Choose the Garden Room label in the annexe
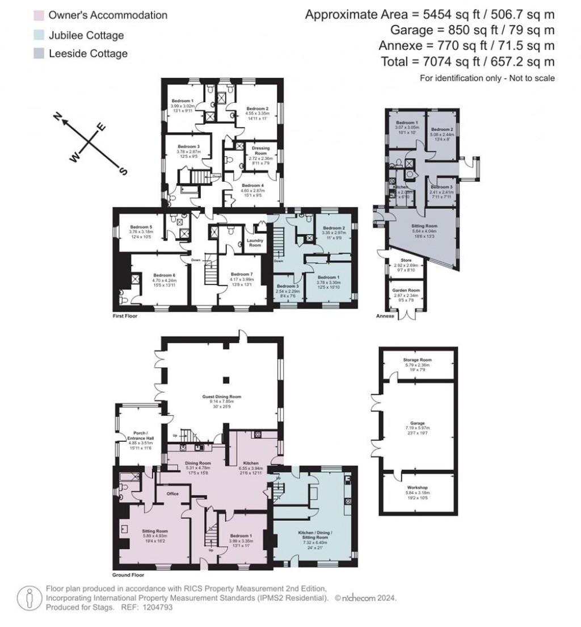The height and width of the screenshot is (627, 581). coord(406,290)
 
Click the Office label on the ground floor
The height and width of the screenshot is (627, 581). coord(172,494)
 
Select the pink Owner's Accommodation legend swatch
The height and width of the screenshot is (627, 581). coord(39,15)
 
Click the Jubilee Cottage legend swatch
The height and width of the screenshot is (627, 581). coord(39,35)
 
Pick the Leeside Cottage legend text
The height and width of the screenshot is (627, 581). coord(87,54)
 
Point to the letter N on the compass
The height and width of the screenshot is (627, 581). coord(57,116)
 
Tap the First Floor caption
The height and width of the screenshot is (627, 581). coord(124,315)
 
